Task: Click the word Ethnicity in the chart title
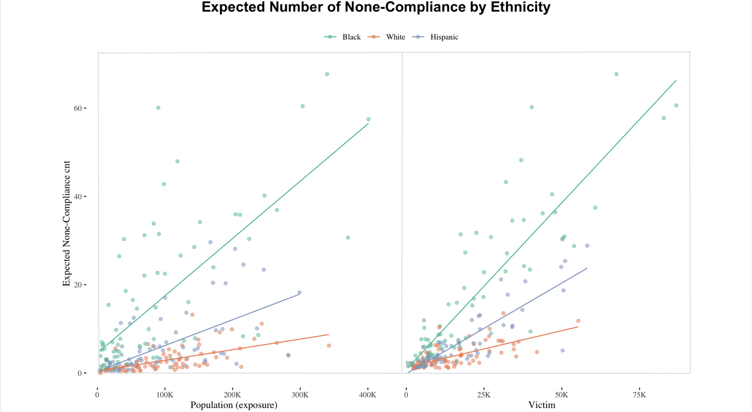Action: tap(520, 7)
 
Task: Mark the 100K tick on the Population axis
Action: tap(165, 395)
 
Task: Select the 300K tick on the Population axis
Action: tap(300, 395)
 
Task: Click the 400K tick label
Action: tap(368, 395)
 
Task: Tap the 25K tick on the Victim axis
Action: tap(484, 395)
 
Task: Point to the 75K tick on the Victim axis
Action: tap(639, 395)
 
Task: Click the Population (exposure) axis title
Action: tap(234, 405)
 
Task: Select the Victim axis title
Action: tap(542, 405)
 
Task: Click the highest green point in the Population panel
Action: tap(327, 74)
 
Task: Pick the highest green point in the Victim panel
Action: tap(617, 74)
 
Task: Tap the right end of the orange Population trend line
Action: tap(329, 334)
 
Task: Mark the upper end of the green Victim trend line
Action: tap(676, 80)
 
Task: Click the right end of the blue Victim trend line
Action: tap(587, 268)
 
